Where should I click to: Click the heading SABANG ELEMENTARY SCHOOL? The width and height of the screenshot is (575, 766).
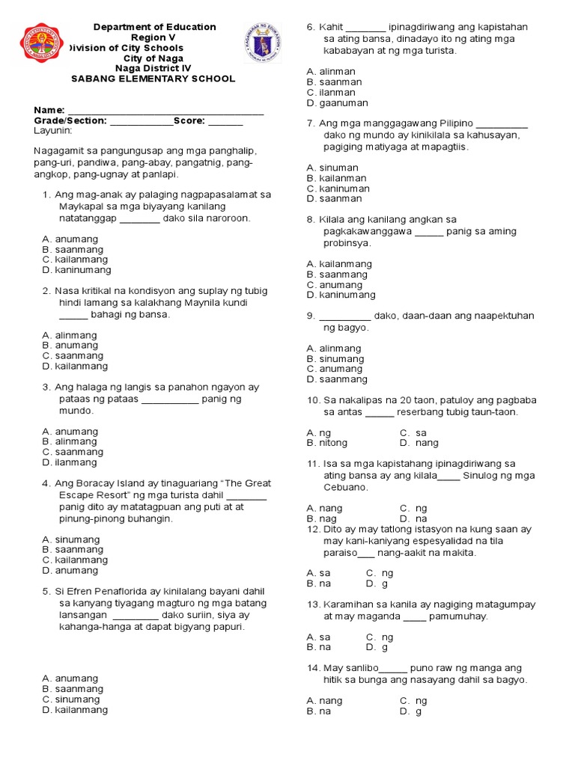[x=153, y=79]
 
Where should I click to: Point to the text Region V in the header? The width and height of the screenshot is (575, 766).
[x=153, y=37]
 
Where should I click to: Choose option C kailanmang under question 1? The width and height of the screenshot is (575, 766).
[x=75, y=260]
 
